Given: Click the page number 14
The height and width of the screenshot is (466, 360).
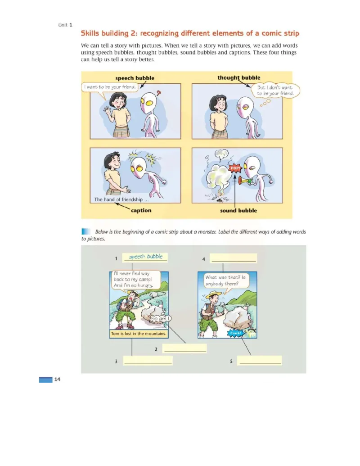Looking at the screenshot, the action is (x=57, y=379).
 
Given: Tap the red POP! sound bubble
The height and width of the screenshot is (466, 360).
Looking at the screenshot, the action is (x=235, y=168).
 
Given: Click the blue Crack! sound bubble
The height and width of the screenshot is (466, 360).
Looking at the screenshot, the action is (x=235, y=333).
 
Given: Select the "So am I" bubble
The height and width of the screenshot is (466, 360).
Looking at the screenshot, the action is (x=161, y=319).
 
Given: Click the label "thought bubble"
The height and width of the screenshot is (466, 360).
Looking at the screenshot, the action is (x=239, y=77).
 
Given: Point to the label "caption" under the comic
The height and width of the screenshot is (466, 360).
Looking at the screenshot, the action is (x=141, y=210).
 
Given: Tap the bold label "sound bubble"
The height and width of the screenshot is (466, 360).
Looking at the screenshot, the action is (x=238, y=210).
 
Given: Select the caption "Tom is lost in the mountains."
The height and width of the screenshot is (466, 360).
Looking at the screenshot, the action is (x=139, y=334).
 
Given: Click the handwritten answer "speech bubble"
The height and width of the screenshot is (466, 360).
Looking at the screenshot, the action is (x=145, y=257).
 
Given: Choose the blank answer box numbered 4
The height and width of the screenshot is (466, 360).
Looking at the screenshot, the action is (x=234, y=258).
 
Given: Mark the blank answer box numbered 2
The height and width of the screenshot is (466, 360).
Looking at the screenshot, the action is (x=184, y=348).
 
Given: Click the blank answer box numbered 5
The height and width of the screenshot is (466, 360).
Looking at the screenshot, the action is (x=259, y=361).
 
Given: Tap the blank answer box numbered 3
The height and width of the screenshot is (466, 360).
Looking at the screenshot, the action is (x=148, y=361).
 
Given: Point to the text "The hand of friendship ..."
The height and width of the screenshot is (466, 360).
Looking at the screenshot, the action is (x=121, y=199).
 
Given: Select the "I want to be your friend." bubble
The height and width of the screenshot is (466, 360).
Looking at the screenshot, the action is (x=110, y=87).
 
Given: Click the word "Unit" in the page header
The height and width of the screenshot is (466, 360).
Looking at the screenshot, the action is (x=63, y=25).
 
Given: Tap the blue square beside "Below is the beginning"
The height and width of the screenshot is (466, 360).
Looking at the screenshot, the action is (x=86, y=231).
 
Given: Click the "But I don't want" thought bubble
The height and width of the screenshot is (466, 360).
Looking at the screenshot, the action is (x=275, y=90).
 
